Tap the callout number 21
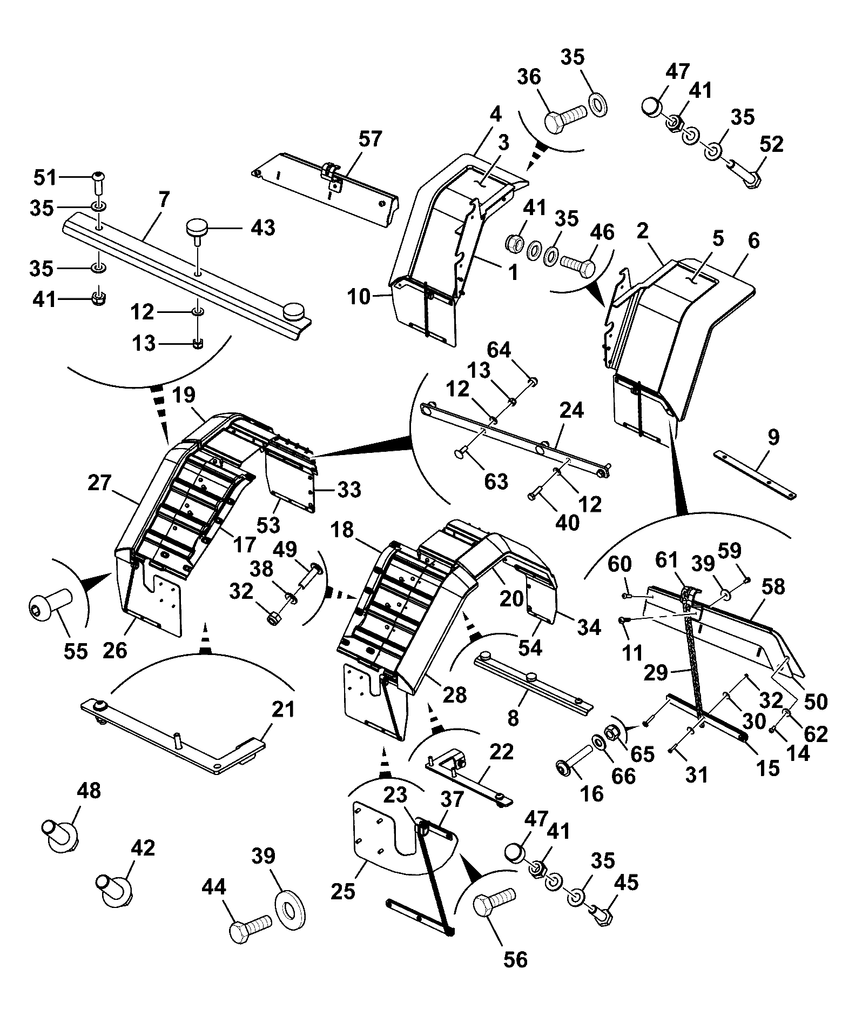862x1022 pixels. (284, 709)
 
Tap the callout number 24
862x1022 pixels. (571, 411)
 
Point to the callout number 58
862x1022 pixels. (773, 587)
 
